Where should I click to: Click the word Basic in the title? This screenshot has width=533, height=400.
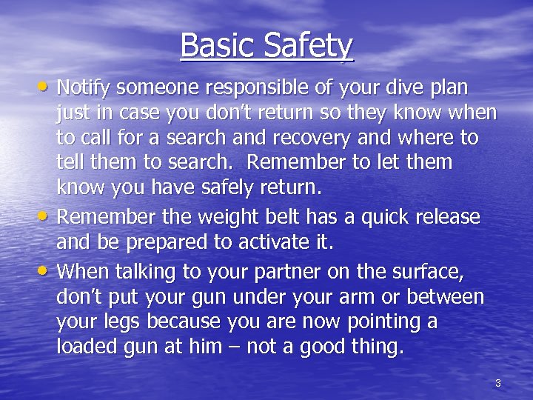point(213,46)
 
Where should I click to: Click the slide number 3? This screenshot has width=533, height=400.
point(497,383)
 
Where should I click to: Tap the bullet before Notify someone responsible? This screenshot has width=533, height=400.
point(45,87)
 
